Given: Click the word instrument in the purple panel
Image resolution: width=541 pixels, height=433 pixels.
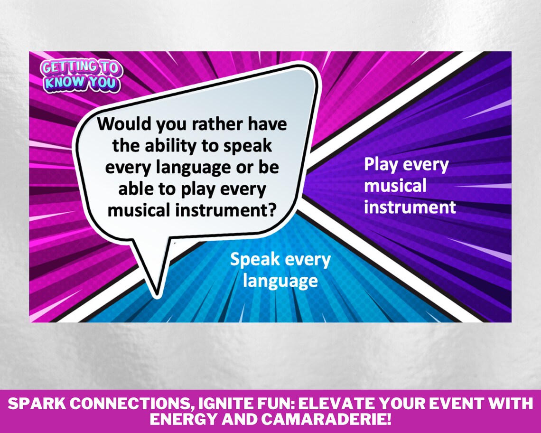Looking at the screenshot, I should pyautogui.click(x=410, y=207).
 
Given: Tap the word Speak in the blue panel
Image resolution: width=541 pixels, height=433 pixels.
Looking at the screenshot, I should pyautogui.click(x=252, y=260).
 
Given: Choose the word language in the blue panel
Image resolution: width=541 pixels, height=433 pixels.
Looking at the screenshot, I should pyautogui.click(x=280, y=281).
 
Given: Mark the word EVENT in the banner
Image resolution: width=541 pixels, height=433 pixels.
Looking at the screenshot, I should pyautogui.click(x=462, y=405).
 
